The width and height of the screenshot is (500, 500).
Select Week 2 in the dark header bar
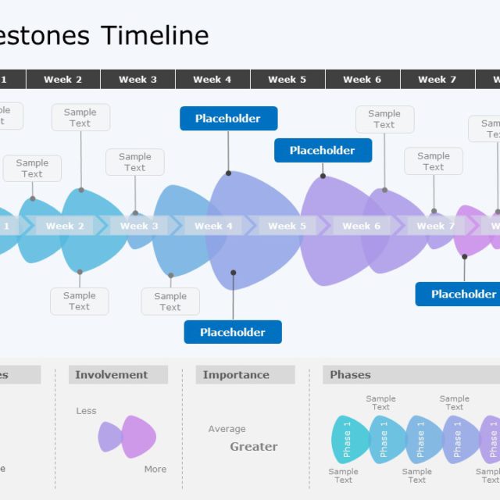click(62, 79)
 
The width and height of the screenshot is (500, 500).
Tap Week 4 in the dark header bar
click(212, 79)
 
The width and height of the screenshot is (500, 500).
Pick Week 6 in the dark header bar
click(362, 79)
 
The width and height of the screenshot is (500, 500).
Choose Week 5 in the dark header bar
click(287, 79)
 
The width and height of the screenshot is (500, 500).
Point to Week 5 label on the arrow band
click(282, 226)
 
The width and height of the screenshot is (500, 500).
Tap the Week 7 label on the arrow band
click(430, 226)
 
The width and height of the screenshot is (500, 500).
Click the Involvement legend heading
click(112, 375)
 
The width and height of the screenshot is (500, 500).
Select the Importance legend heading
click(236, 375)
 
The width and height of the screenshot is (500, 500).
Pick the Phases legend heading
click(351, 375)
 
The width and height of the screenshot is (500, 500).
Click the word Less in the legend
click(87, 411)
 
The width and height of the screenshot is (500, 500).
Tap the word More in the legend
click(155, 469)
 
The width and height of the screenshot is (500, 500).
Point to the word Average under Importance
click(227, 429)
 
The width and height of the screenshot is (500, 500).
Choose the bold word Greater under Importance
click(254, 447)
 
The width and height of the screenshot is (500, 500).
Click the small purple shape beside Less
click(109, 437)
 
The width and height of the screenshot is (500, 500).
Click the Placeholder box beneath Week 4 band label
click(233, 332)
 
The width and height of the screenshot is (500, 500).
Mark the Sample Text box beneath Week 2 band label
click(80, 301)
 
